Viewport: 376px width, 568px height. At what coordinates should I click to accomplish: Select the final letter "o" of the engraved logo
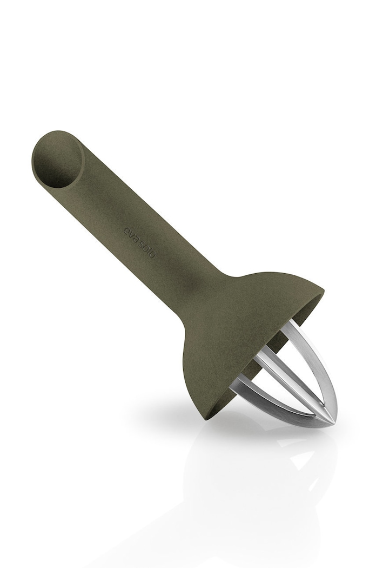pyautogui.click(x=153, y=255)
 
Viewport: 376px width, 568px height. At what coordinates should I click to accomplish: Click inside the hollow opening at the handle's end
pyautogui.click(x=57, y=162)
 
